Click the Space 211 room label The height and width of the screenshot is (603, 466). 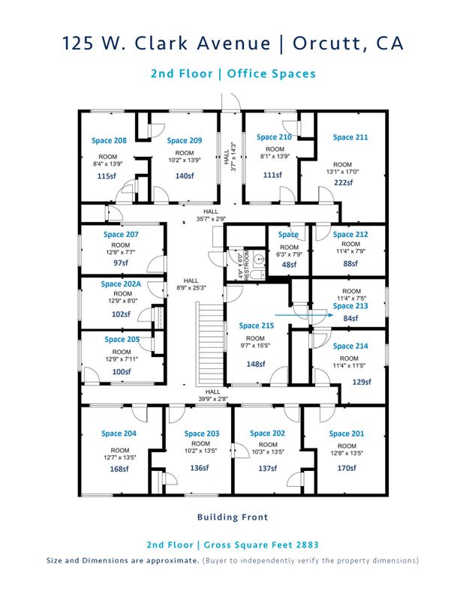(x=350, y=137)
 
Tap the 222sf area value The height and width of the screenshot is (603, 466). (x=343, y=183)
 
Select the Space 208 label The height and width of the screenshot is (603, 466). (x=109, y=141)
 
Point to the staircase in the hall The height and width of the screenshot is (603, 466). (x=210, y=344)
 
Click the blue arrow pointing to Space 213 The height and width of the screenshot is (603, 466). (x=304, y=314)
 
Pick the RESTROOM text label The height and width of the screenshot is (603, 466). (x=247, y=265)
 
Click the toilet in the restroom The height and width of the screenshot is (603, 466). (x=257, y=274)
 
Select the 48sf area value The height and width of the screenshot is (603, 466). (x=289, y=265)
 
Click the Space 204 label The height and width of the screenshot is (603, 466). (x=119, y=433)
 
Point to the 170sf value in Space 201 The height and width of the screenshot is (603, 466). (x=347, y=468)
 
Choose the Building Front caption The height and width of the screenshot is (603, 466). (x=233, y=517)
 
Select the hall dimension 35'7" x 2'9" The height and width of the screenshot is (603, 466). (x=211, y=219)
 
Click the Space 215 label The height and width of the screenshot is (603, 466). (x=257, y=325)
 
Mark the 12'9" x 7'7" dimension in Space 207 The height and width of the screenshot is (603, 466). (x=121, y=252)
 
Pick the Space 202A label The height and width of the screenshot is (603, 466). (x=121, y=284)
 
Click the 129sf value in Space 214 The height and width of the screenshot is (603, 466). (x=362, y=382)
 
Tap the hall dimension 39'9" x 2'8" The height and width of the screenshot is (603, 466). (x=213, y=399)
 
